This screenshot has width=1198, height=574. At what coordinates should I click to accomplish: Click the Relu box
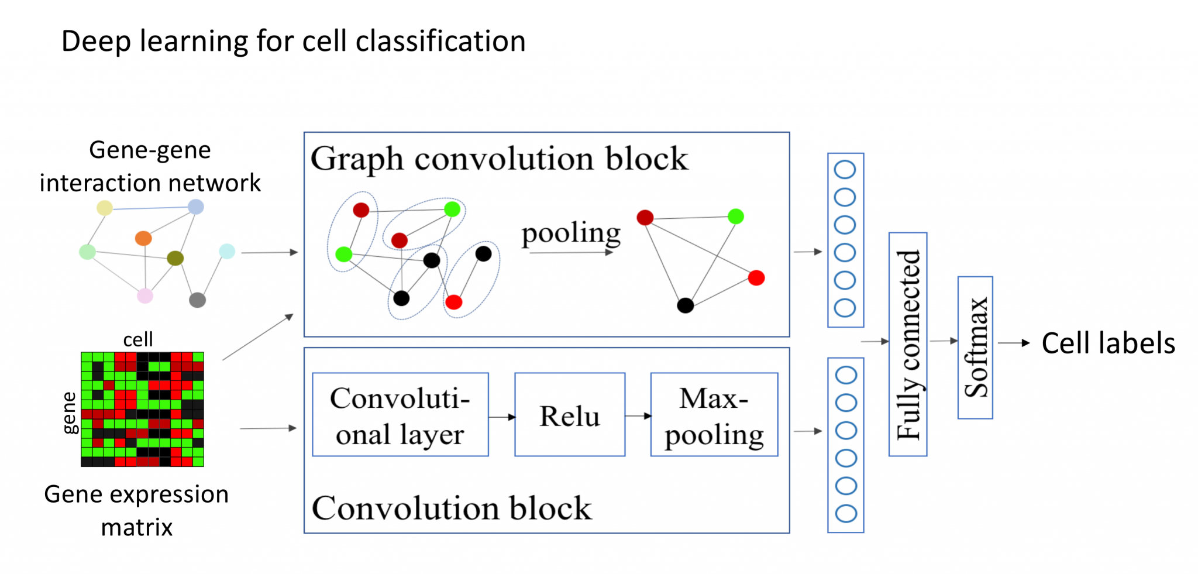[569, 415]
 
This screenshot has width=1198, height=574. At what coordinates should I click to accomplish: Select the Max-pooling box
[714, 415]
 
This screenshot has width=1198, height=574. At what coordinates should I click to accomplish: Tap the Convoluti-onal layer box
[400, 415]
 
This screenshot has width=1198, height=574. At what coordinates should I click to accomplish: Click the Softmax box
[975, 348]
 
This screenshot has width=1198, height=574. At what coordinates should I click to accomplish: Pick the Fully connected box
[908, 344]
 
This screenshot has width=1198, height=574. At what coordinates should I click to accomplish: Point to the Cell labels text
[1108, 343]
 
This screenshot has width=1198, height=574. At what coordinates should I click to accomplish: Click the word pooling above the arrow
[571, 233]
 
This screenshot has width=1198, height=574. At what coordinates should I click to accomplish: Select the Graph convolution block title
[499, 159]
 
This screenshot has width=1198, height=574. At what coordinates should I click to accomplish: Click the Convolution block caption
[452, 507]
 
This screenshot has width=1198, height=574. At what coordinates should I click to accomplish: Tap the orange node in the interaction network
[143, 238]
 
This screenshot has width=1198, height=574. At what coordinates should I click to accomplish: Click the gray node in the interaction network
[197, 300]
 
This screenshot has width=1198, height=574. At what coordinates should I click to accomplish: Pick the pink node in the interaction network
[145, 296]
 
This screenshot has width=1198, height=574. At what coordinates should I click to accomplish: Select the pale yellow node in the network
[105, 208]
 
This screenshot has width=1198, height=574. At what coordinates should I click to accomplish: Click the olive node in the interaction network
[175, 257]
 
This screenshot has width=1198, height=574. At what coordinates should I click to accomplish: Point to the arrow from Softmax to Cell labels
[1013, 343]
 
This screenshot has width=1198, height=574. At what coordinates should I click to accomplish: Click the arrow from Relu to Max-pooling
[638, 416]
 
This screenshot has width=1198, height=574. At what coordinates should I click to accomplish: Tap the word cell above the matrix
[138, 339]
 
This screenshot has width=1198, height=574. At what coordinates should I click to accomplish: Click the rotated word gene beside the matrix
[70, 413]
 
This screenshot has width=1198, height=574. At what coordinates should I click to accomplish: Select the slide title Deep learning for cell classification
[293, 42]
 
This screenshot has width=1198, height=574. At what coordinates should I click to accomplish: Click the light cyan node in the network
[227, 251]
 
